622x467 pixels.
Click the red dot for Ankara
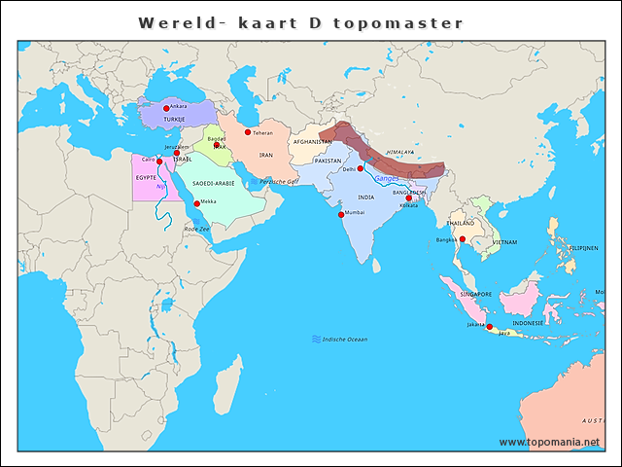pyautogui.click(x=166, y=108)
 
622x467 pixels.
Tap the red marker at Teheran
pyautogui.click(x=248, y=132)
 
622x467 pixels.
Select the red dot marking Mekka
pyautogui.click(x=197, y=203)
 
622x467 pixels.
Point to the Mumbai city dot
pyautogui.click(x=341, y=214)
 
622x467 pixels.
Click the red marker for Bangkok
pyautogui.click(x=463, y=239)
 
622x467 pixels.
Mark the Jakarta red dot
pyautogui.click(x=490, y=327)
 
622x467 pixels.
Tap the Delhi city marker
pyautogui.click(x=360, y=168)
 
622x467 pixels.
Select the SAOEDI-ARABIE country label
pyautogui.click(x=213, y=183)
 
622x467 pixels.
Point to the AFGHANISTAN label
pyautogui.click(x=312, y=142)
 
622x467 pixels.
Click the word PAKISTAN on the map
pyautogui.click(x=328, y=161)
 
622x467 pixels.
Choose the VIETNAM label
pyautogui.click(x=504, y=241)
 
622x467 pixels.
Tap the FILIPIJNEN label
pyautogui.click(x=584, y=248)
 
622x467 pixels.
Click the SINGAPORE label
pyautogui.click(x=475, y=294)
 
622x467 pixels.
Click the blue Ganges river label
pyautogui.click(x=387, y=178)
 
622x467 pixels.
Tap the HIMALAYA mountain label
pyautogui.click(x=399, y=153)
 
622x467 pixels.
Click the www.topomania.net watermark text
pyautogui.click(x=549, y=442)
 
